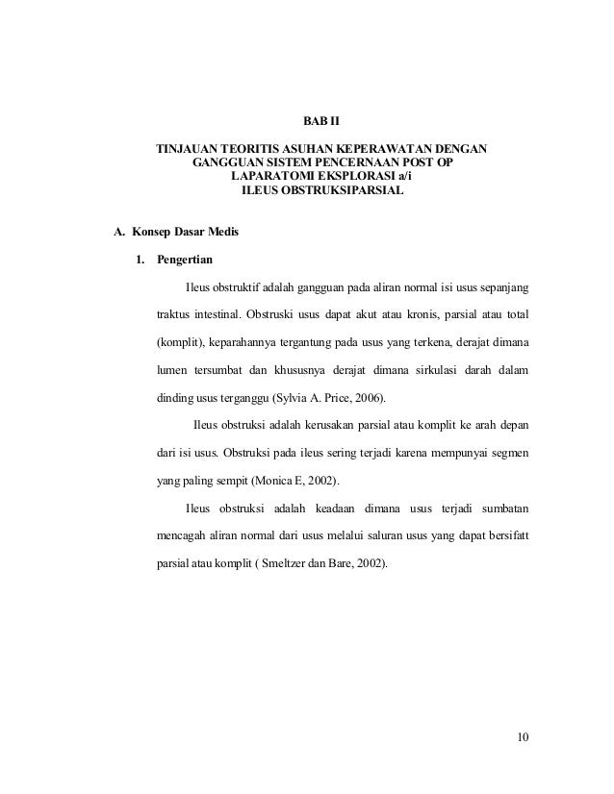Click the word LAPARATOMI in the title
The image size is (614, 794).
click(271, 178)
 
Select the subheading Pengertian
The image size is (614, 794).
click(187, 261)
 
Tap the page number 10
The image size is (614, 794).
click(522, 738)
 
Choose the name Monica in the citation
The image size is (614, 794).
click(272, 481)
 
